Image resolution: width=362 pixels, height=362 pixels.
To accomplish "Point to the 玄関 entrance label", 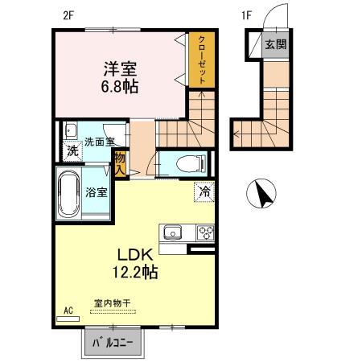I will pyautogui.click(x=275, y=44).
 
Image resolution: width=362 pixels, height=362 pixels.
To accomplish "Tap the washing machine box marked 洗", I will pyautogui.click(x=72, y=150).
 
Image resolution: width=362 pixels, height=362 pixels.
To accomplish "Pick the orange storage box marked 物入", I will pyautogui.click(x=120, y=165).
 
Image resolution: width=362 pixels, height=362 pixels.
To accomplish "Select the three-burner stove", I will pyautogui.click(x=205, y=233).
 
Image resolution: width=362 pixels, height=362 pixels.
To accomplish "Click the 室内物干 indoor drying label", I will pyautogui.click(x=113, y=302).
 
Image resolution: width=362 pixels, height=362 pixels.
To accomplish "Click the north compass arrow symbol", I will pyautogui.click(x=262, y=194).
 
